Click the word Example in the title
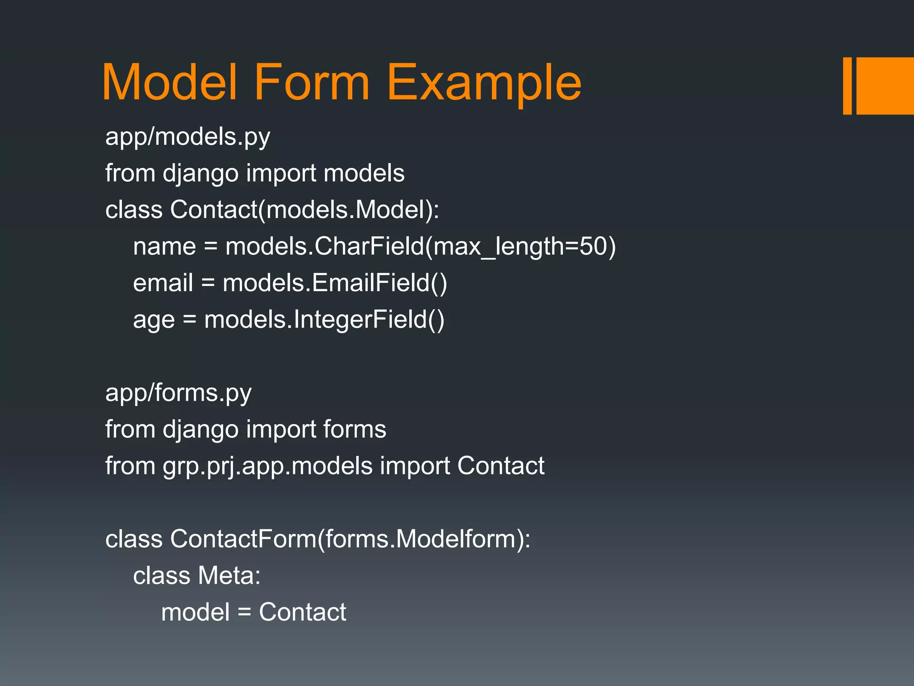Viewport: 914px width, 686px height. (484, 83)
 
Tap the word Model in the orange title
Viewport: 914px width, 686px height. (170, 83)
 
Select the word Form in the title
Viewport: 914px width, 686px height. (312, 83)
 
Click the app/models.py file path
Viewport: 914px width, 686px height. (187, 137)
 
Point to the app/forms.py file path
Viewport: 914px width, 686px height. (178, 393)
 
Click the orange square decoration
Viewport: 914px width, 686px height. (885, 86)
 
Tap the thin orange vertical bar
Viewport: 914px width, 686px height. (847, 86)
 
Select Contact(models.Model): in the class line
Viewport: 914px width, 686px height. (304, 209)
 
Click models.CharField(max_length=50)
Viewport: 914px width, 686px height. (420, 247)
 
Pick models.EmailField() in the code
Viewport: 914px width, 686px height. (335, 283)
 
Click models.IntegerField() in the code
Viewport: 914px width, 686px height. (324, 320)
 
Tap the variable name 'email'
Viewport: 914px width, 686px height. (163, 283)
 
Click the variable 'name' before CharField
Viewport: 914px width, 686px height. (164, 247)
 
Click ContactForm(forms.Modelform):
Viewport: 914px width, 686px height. (350, 539)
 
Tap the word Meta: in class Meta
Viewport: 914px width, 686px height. (229, 576)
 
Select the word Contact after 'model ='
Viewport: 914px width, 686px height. (302, 612)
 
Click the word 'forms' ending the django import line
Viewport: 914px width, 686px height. (354, 430)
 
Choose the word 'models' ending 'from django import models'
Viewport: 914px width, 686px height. (364, 173)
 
